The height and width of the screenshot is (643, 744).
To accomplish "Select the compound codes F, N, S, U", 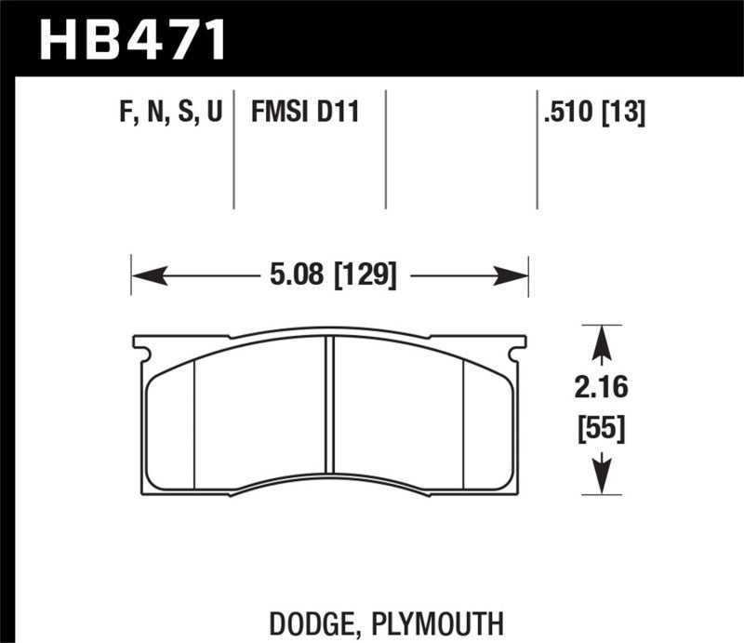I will point(170,114).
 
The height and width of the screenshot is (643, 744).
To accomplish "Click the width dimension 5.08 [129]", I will point(330,275).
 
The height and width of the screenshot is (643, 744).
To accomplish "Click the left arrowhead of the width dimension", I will point(149,275).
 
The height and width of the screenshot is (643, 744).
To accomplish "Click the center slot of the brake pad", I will point(329,405).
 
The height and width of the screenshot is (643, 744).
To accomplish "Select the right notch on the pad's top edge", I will point(519,352).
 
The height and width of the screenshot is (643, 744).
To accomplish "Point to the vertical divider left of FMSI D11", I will point(233,149).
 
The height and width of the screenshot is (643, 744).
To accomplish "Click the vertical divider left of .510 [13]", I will point(537,149).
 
